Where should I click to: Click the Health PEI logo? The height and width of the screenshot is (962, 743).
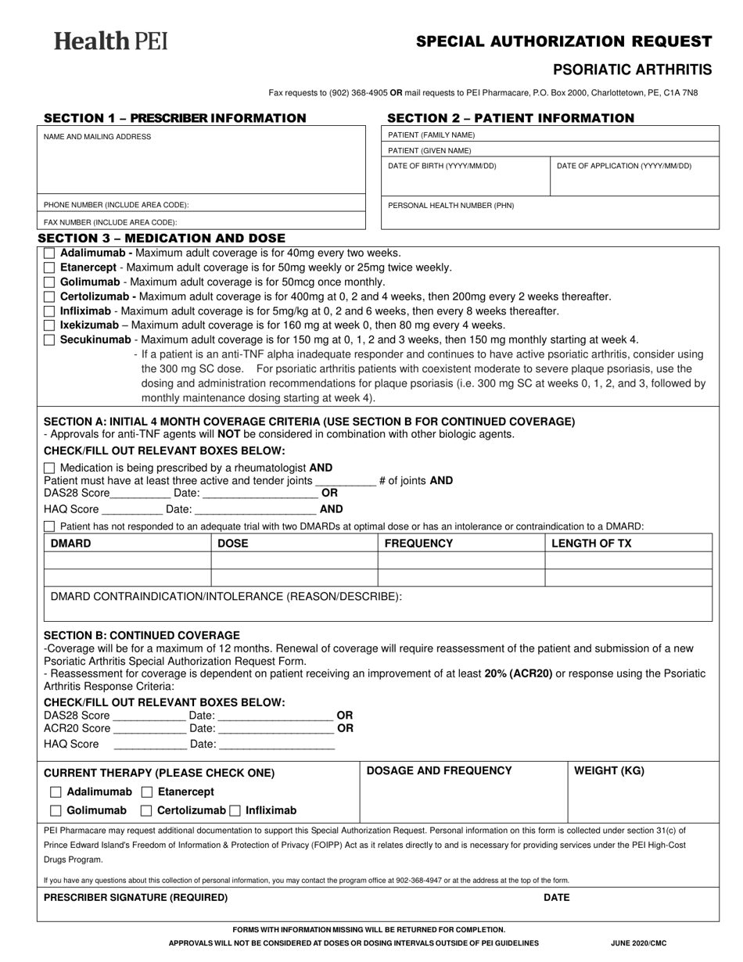(x=110, y=41)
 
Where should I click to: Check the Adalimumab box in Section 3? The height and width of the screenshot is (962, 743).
(x=49, y=253)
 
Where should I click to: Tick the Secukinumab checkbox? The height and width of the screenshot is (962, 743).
(x=49, y=339)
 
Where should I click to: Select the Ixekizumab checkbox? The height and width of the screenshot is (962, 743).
(x=49, y=325)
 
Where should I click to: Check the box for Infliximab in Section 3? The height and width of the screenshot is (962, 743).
(x=49, y=311)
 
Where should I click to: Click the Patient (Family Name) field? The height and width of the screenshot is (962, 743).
(x=549, y=135)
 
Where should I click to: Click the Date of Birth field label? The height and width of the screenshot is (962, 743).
(x=442, y=166)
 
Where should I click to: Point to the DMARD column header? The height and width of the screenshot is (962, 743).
(x=70, y=543)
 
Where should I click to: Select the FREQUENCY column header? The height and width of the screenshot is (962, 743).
(x=418, y=543)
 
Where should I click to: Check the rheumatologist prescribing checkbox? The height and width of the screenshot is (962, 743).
(x=49, y=468)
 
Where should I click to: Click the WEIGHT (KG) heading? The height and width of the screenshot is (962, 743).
(x=609, y=770)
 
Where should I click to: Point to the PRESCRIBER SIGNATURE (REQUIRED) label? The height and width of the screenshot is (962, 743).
(x=136, y=897)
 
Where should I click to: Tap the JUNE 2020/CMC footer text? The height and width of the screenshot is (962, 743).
(x=639, y=943)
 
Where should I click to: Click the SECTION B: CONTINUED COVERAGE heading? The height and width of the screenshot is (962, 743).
(x=142, y=634)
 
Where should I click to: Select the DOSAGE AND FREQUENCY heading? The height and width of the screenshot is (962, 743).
(x=439, y=770)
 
